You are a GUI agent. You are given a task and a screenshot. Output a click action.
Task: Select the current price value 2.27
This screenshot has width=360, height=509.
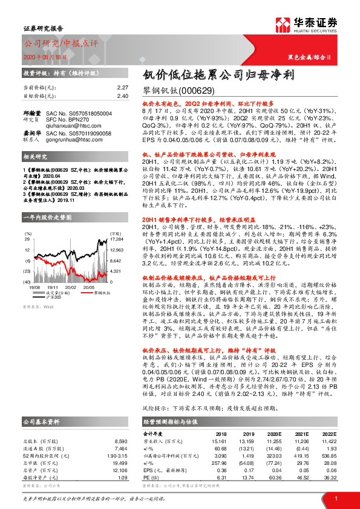(x=123, y=87)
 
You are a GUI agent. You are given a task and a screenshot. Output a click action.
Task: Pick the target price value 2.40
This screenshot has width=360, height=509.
(x=123, y=96)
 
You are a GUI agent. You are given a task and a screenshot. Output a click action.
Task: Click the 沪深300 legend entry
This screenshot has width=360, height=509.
(x=54, y=296)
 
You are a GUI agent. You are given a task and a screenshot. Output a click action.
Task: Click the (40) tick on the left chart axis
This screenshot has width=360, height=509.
(x=27, y=282)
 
